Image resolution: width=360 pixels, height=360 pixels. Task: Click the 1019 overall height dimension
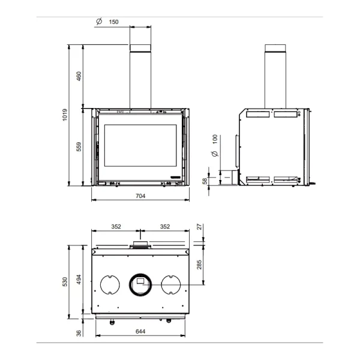click(x=65, y=115)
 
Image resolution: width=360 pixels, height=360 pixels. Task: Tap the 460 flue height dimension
click(x=79, y=76)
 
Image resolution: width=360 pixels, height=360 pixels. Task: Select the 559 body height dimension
click(x=79, y=147)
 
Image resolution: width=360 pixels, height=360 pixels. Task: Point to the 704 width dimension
click(x=140, y=196)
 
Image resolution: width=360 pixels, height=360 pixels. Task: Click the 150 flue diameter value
click(x=113, y=22)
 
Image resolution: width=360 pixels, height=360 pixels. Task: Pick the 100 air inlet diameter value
click(x=215, y=139)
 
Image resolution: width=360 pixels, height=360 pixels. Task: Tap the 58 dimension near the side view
click(x=205, y=181)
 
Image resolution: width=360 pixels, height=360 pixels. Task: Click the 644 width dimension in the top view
click(x=140, y=331)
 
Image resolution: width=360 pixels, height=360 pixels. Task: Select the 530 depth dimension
click(x=65, y=282)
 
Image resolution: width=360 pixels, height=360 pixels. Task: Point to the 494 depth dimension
click(x=79, y=280)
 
